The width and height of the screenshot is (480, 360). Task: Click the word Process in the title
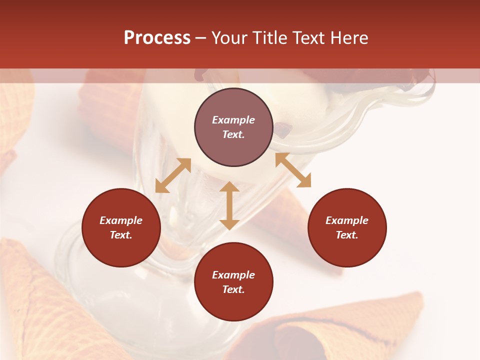coord(157,38)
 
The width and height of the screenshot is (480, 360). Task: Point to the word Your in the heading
coord(229,38)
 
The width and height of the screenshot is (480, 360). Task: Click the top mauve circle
coord(233,127)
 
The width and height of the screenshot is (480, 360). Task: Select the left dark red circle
coord(121,227)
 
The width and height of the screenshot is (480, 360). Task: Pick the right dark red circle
coord(347,227)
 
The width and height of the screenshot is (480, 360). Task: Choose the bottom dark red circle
coord(233,282)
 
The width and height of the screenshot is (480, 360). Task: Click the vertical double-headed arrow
coord(229,205)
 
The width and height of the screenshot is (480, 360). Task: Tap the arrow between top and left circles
coord(173,175)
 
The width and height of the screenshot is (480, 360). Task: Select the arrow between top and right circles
coord(293,170)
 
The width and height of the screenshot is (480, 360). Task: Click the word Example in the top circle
coord(233,120)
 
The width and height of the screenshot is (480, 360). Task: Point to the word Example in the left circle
coord(121,220)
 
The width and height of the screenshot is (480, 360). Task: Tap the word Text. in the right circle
coord(347,235)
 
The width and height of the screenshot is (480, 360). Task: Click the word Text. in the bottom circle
coord(233,289)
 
